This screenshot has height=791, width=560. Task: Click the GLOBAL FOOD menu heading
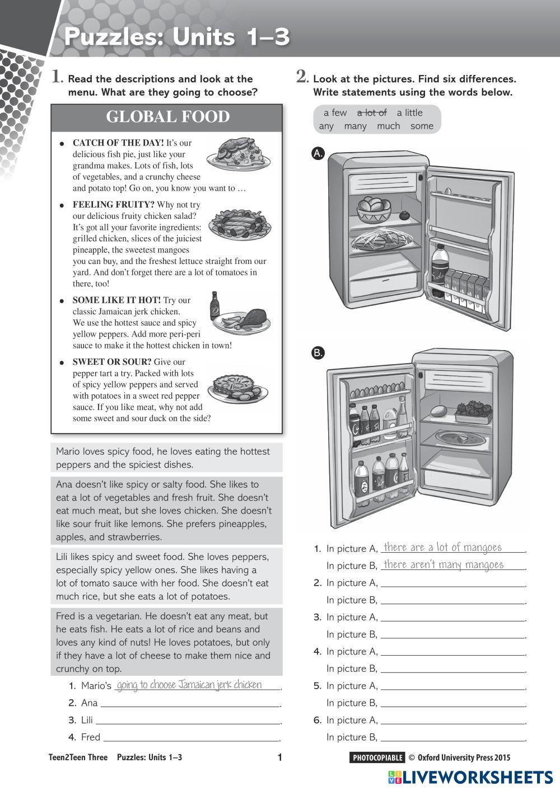click(167, 117)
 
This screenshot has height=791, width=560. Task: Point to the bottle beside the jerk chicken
click(215, 305)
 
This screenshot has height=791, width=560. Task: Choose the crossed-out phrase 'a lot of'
click(372, 112)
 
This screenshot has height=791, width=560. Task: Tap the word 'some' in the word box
click(422, 126)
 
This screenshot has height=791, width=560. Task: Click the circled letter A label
click(318, 153)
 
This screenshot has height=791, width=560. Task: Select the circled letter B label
click(318, 352)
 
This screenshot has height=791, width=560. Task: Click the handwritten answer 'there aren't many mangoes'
click(444, 565)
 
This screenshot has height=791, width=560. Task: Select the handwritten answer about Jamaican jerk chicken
click(189, 685)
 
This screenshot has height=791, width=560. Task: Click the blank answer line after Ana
click(190, 704)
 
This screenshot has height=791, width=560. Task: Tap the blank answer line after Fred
click(192, 738)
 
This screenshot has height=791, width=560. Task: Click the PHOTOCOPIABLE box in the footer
click(377, 758)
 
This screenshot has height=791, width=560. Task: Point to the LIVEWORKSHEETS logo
click(470, 777)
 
